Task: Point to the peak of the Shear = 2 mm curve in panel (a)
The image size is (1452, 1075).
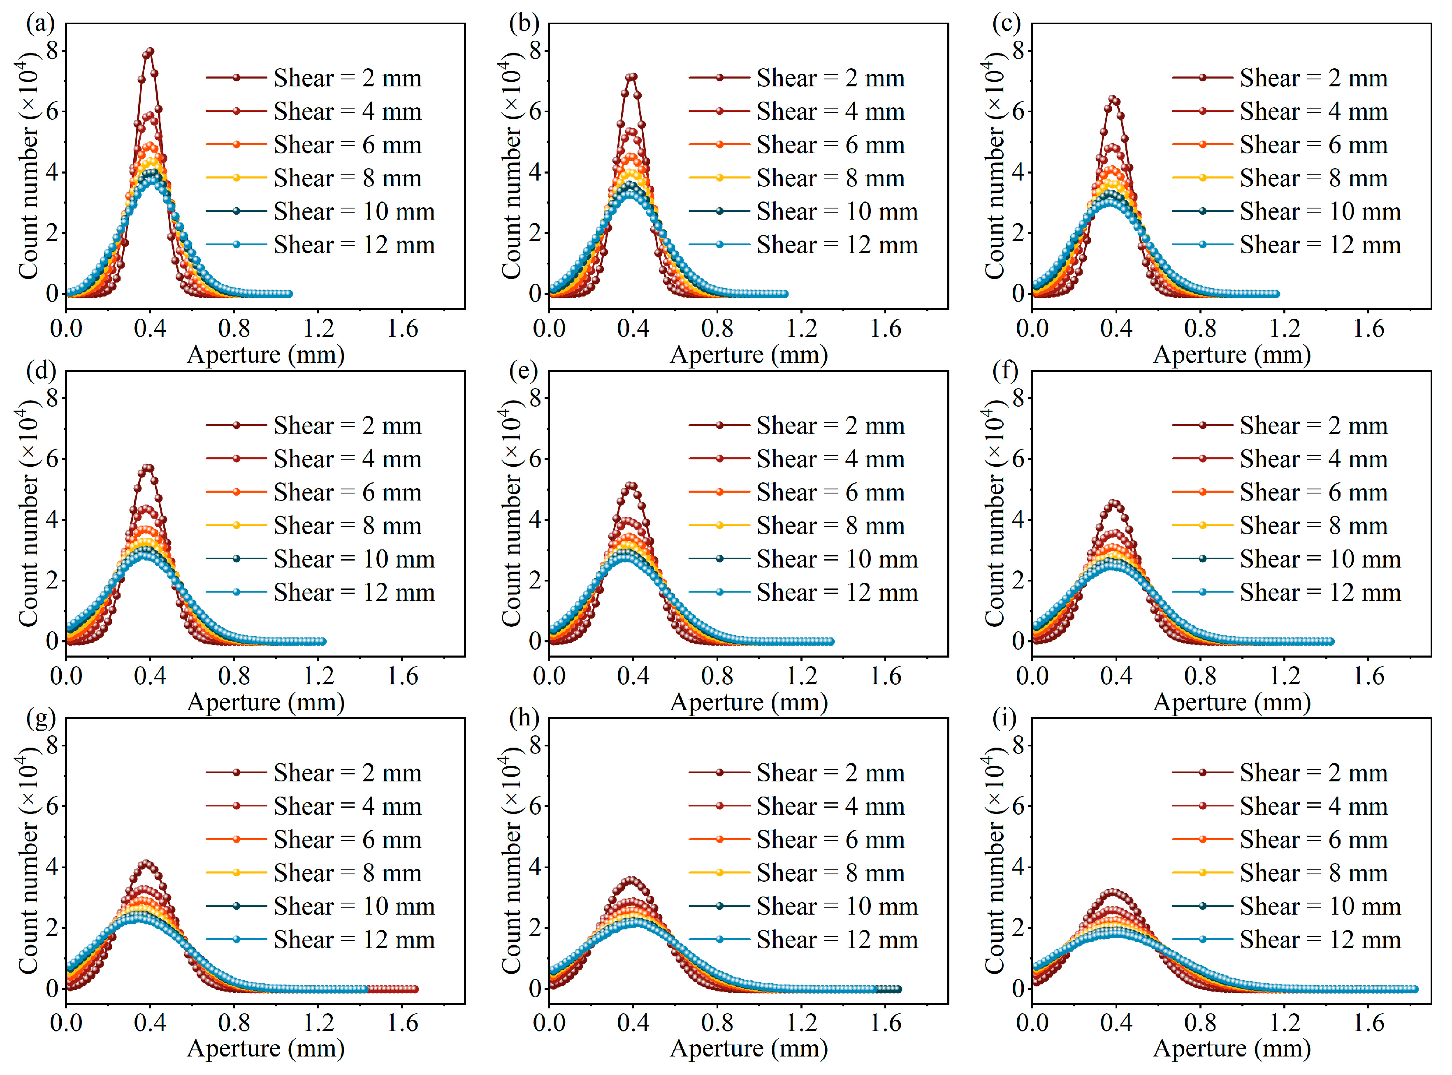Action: point(150,51)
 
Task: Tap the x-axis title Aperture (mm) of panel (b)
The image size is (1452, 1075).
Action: point(749,354)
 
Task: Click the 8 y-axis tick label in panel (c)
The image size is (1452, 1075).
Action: point(1018,50)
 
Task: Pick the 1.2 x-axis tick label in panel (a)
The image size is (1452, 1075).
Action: point(318,329)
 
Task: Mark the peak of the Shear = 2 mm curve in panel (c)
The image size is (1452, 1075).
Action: point(1114,100)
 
